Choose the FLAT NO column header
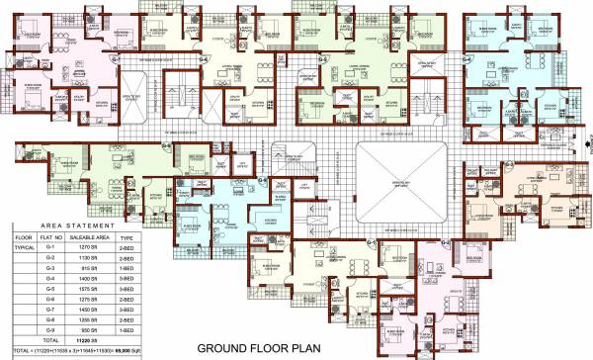[51, 238]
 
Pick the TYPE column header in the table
[127, 238]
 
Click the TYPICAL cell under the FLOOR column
[23, 248]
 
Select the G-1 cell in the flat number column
[51, 248]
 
